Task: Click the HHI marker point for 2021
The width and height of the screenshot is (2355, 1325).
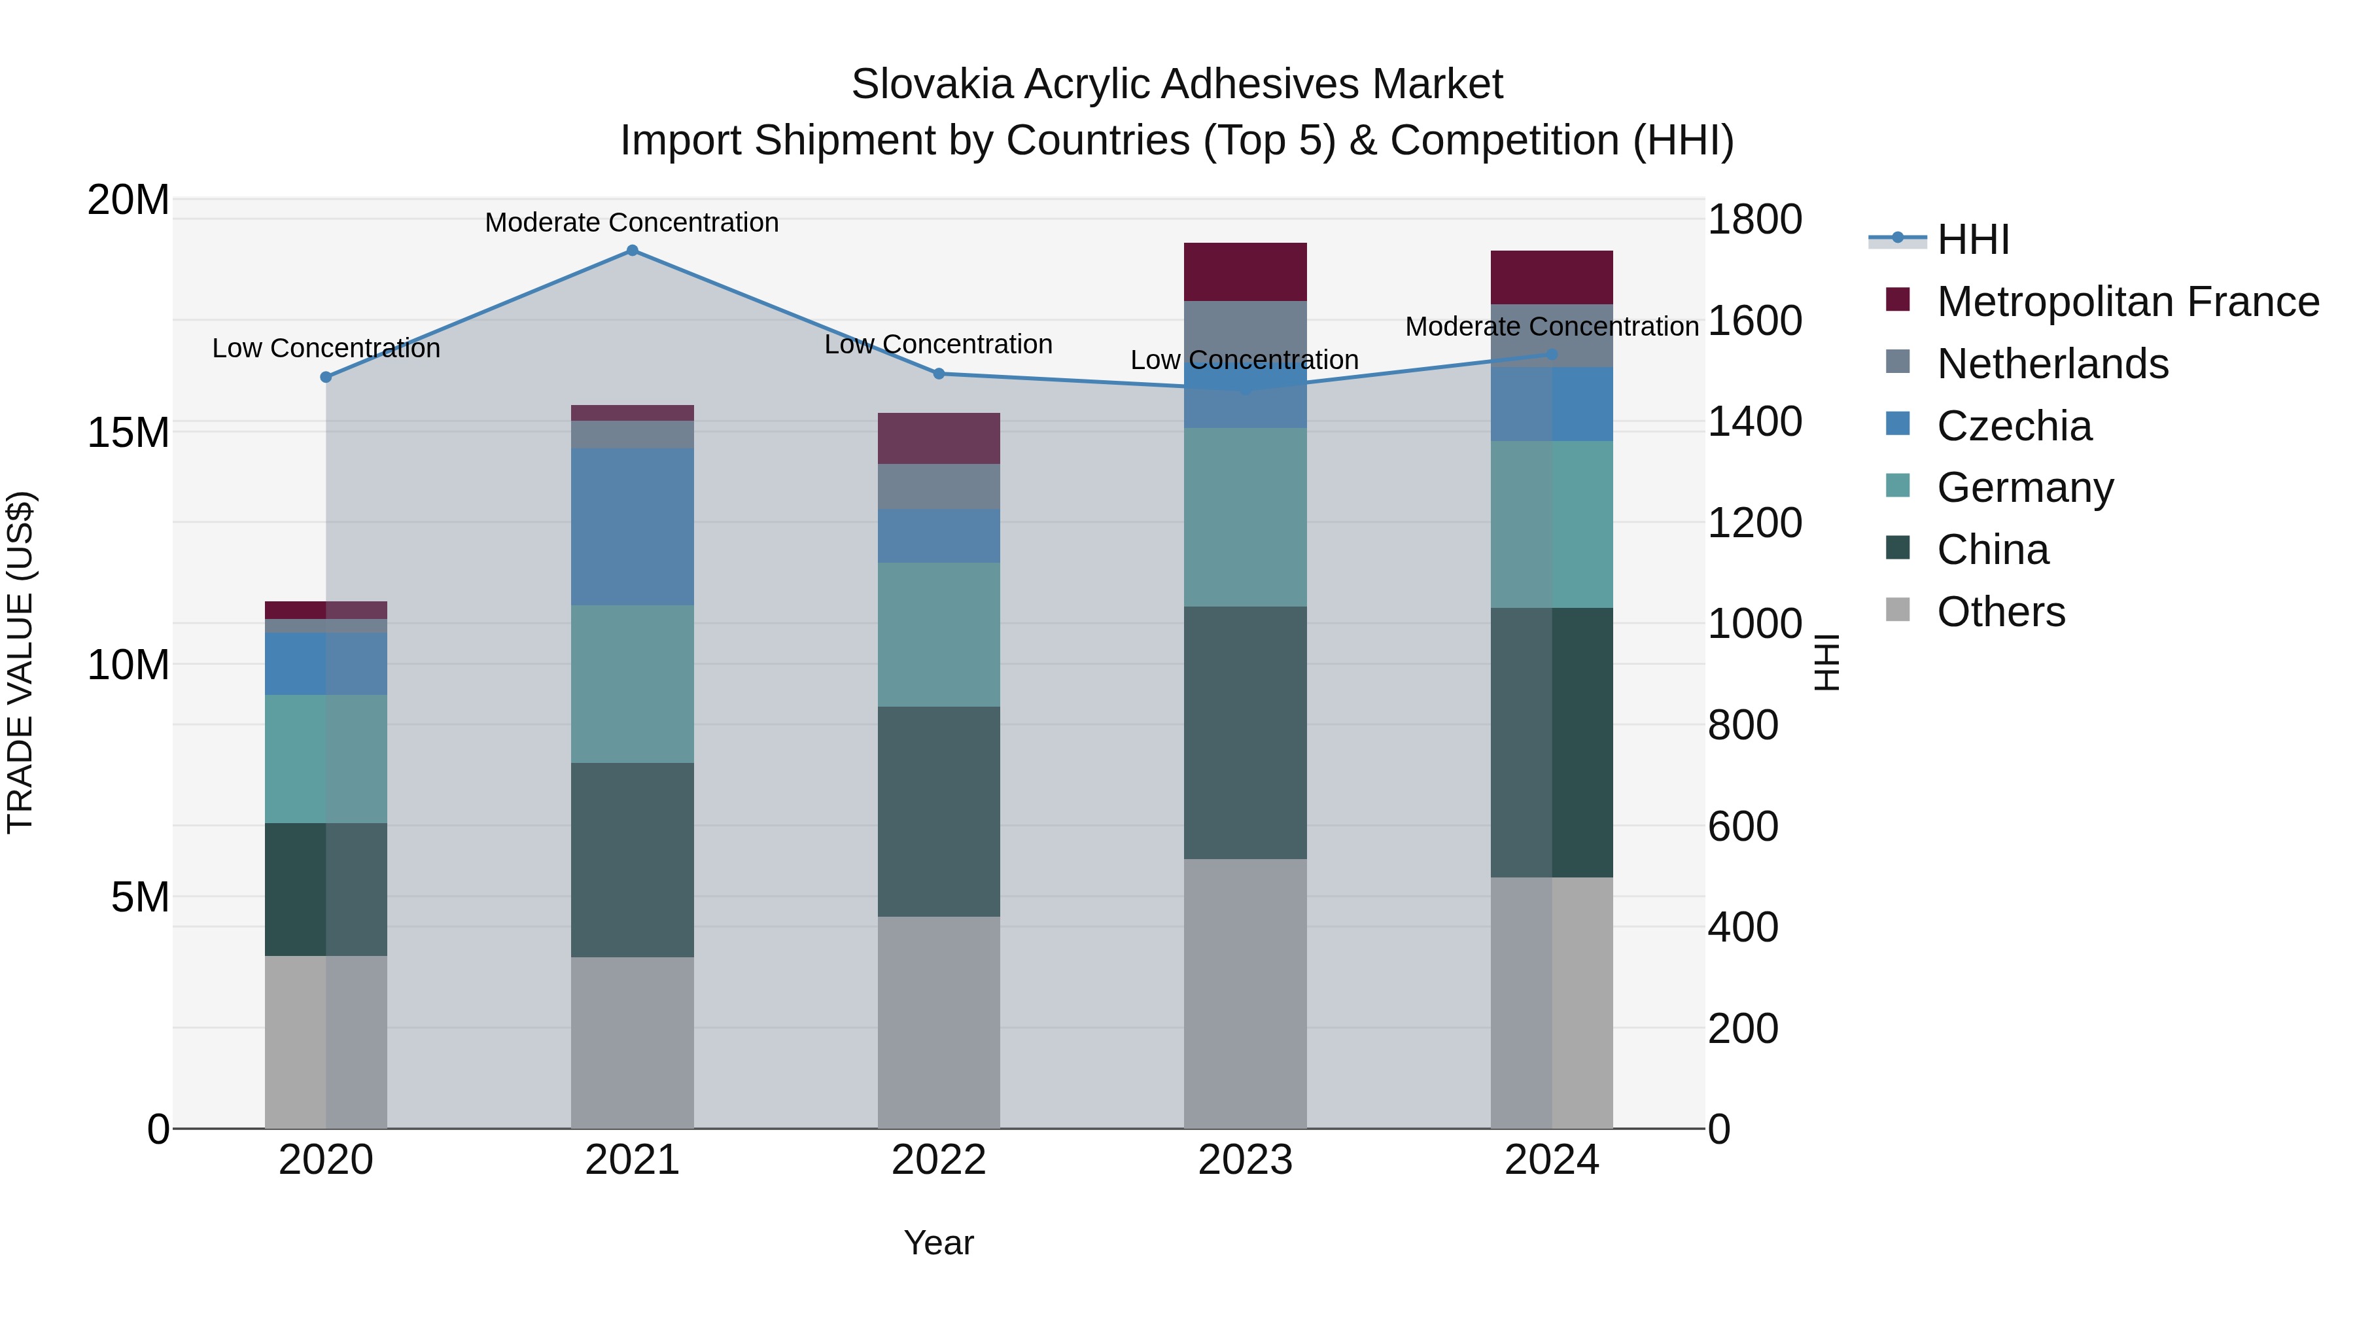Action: [632, 250]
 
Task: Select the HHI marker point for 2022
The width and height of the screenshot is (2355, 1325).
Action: [938, 373]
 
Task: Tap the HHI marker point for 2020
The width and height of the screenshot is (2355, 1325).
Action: [326, 377]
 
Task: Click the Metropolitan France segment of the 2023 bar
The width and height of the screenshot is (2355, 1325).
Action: [1244, 272]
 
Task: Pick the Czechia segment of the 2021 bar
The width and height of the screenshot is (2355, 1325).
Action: [632, 526]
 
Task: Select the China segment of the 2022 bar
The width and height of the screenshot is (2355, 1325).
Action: [938, 811]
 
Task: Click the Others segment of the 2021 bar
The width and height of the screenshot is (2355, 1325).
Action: [632, 1042]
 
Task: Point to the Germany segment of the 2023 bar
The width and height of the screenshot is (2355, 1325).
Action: [1244, 517]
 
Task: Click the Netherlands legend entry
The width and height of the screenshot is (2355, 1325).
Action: [2051, 364]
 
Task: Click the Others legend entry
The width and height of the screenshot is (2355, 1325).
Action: [2000, 612]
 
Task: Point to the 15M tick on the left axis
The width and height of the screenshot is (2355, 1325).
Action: [128, 433]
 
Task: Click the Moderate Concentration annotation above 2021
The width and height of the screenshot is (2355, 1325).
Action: [632, 222]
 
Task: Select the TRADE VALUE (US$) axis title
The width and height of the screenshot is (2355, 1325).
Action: [20, 662]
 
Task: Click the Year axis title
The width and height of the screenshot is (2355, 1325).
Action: [938, 1243]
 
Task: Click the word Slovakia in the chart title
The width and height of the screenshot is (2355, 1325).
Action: [932, 84]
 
